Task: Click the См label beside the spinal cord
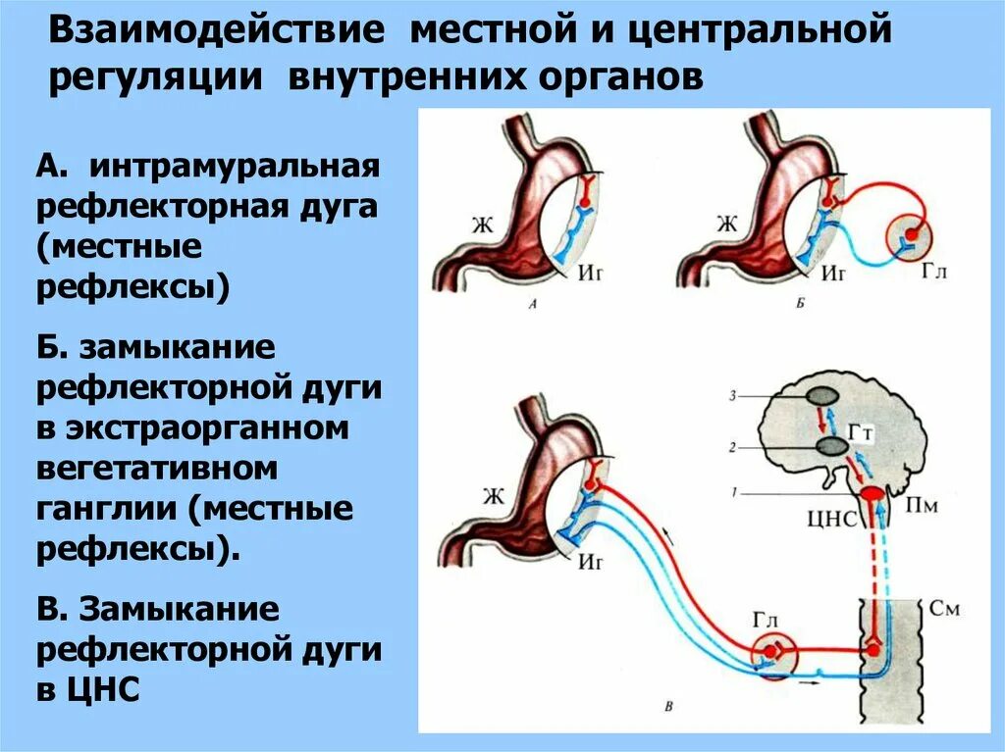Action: point(944,609)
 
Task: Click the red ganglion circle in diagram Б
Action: point(910,235)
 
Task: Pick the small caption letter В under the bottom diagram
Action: point(668,706)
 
